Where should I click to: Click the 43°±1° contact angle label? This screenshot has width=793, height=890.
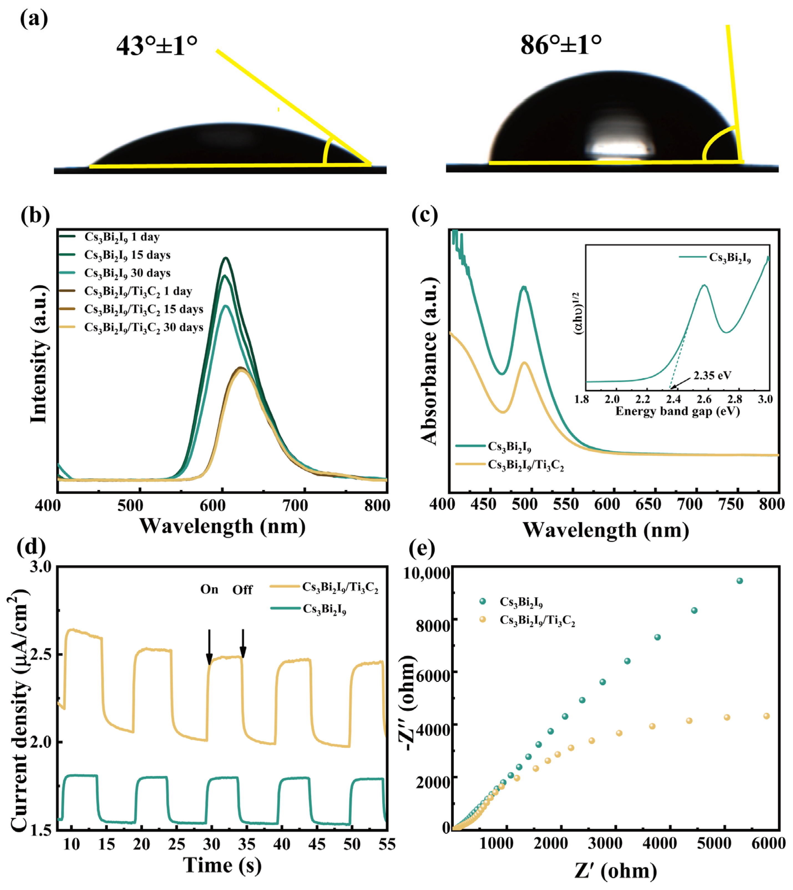(157, 45)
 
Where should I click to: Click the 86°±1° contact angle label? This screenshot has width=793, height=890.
(561, 44)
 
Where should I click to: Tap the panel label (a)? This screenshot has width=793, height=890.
(34, 19)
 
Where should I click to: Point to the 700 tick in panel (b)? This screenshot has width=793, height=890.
(295, 505)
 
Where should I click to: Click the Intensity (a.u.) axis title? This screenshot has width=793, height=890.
(38, 354)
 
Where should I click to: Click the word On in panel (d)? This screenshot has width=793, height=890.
(209, 589)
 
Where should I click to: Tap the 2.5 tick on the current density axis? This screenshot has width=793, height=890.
(40, 655)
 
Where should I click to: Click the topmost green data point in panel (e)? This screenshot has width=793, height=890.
(739, 581)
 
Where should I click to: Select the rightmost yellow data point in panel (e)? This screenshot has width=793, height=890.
(767, 716)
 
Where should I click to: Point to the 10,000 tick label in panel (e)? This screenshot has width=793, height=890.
(427, 573)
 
